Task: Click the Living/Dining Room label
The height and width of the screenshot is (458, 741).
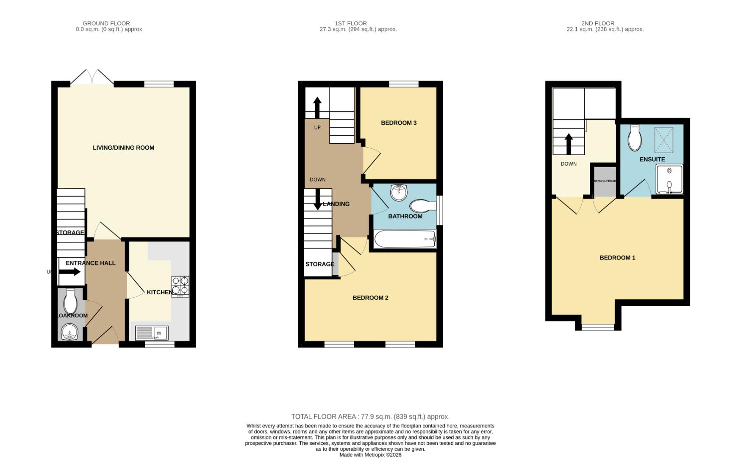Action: (x=123, y=148)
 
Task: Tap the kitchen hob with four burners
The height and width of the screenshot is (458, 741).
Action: (x=180, y=286)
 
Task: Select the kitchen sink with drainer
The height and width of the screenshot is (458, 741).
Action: (x=152, y=333)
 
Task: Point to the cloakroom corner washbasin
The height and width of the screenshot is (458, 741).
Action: (x=69, y=332)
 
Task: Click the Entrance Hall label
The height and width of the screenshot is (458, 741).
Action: (x=91, y=263)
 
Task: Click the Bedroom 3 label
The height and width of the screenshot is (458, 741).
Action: (x=399, y=123)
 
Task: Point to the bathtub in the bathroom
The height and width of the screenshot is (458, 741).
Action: (x=405, y=239)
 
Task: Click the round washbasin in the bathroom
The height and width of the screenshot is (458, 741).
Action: (x=399, y=193)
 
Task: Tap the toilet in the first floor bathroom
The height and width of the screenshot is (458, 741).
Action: (x=422, y=206)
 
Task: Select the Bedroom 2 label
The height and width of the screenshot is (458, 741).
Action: (x=370, y=298)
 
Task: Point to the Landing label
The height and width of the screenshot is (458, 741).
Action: (x=336, y=204)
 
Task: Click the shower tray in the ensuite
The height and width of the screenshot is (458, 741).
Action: (x=669, y=179)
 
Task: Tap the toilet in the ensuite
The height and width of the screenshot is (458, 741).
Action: (x=634, y=138)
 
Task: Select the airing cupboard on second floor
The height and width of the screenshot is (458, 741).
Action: (x=605, y=182)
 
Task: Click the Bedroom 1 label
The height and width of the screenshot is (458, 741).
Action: (x=617, y=258)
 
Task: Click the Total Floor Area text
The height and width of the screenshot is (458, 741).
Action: (x=370, y=417)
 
